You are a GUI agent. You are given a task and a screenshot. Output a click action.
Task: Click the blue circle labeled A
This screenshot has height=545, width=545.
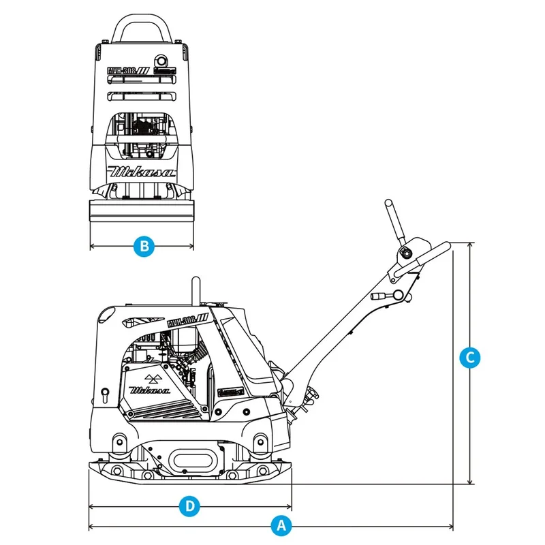click(278, 525)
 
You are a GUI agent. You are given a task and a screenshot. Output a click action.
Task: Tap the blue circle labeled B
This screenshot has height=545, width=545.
click(142, 246)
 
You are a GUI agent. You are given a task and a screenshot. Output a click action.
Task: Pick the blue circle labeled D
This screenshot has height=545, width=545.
click(190, 505)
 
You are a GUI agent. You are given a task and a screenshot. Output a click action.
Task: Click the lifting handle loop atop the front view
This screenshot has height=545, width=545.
click(141, 27)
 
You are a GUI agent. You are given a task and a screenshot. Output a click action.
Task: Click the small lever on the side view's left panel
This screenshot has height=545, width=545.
click(105, 394)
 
